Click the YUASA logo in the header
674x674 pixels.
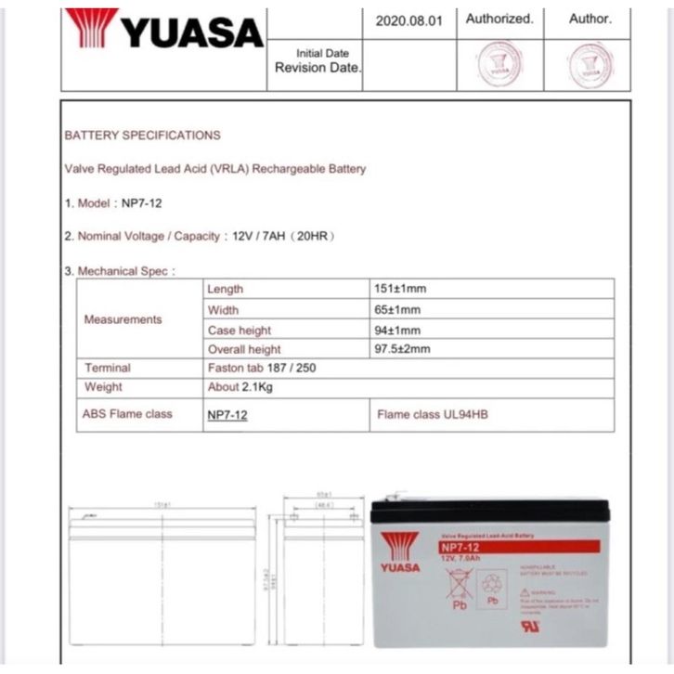click(164, 30)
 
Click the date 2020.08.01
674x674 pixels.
click(408, 19)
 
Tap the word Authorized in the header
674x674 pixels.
click(499, 19)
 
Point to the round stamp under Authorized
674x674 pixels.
click(499, 65)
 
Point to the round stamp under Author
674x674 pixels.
click(590, 65)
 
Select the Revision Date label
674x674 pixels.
click(318, 68)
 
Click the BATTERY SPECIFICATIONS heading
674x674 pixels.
click(142, 136)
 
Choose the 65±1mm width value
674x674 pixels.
click(397, 310)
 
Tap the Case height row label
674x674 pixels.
click(239, 331)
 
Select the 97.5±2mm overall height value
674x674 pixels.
click(403, 349)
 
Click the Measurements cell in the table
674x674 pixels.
click(123, 319)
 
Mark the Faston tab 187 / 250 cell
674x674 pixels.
click(261, 369)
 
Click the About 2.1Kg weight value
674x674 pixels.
click(240, 387)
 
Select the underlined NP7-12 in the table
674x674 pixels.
click(227, 415)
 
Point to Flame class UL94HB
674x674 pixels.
click(432, 414)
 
